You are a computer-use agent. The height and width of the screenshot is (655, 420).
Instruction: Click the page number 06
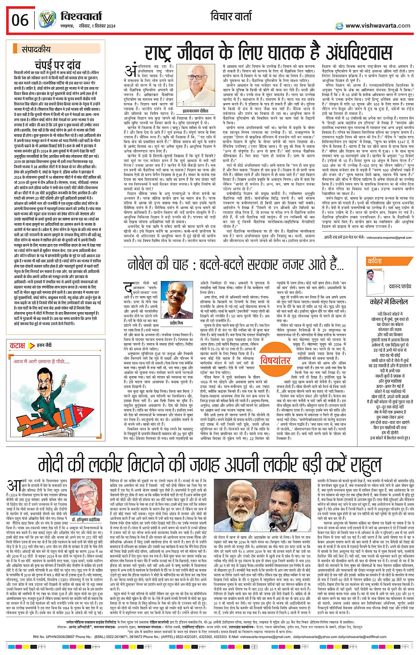20,20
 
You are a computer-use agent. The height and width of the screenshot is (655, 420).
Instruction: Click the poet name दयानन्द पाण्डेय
399,287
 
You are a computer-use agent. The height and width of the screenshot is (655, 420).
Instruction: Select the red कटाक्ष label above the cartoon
18,345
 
